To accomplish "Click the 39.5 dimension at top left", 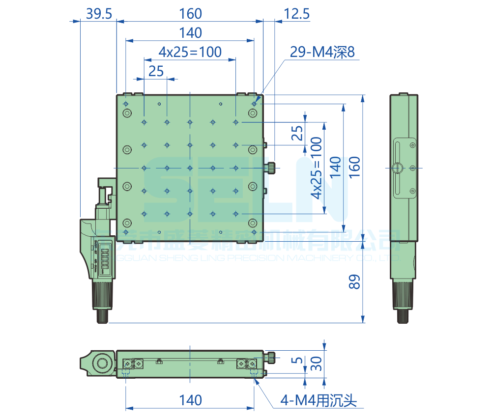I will click(x=98, y=14).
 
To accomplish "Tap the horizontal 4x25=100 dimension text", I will click(x=190, y=52).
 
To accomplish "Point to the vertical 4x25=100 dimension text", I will click(x=316, y=168).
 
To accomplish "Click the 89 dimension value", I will click(x=355, y=281).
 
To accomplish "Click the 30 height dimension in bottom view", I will click(x=317, y=364).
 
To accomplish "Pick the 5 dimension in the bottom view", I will click(x=296, y=360).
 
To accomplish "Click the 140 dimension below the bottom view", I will click(x=190, y=400).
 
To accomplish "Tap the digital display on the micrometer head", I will click(x=104, y=260).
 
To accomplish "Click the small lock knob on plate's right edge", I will click(x=271, y=168).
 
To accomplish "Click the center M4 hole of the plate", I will click(x=190, y=168).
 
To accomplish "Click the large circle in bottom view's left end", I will click(x=102, y=364).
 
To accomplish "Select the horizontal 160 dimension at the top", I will click(x=190, y=14).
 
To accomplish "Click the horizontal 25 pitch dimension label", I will click(x=156, y=71).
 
